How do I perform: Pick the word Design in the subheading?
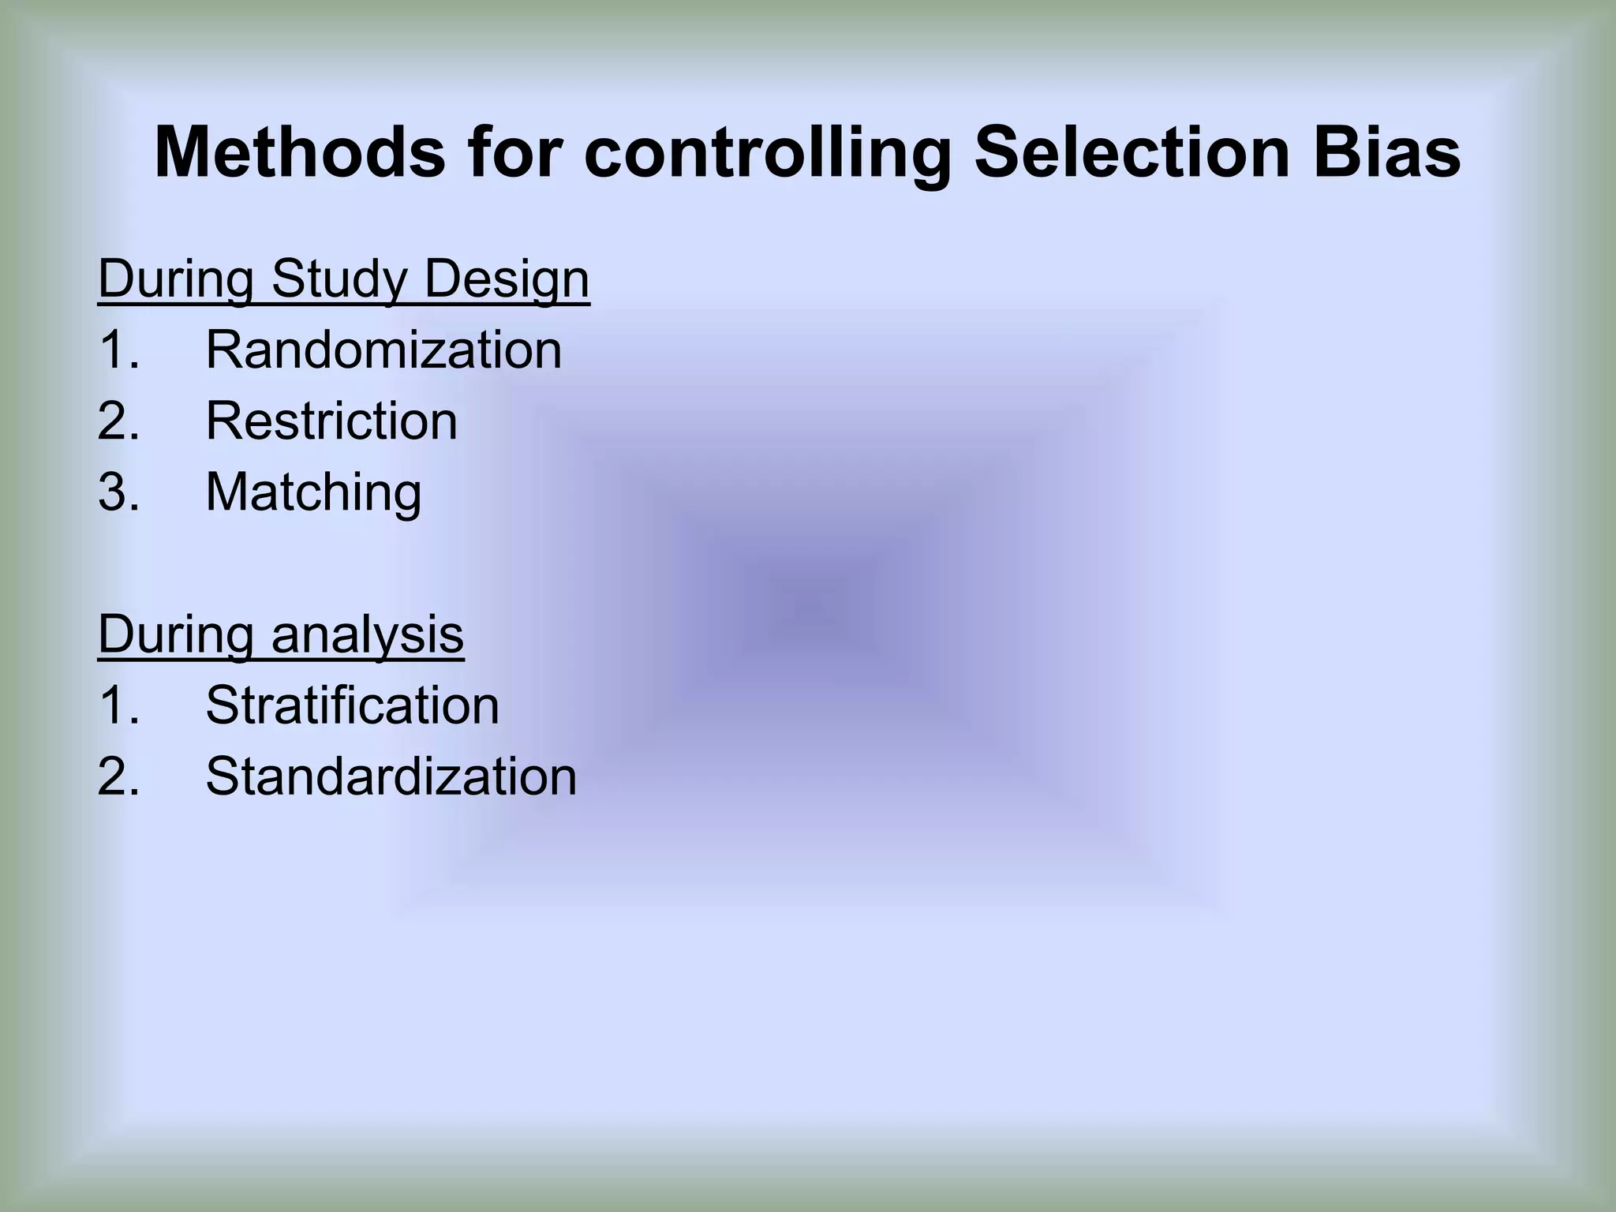(507, 280)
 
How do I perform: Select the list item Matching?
(313, 492)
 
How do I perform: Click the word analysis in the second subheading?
(368, 634)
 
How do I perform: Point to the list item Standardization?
(391, 776)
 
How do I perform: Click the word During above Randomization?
(176, 280)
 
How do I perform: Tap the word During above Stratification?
(176, 634)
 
